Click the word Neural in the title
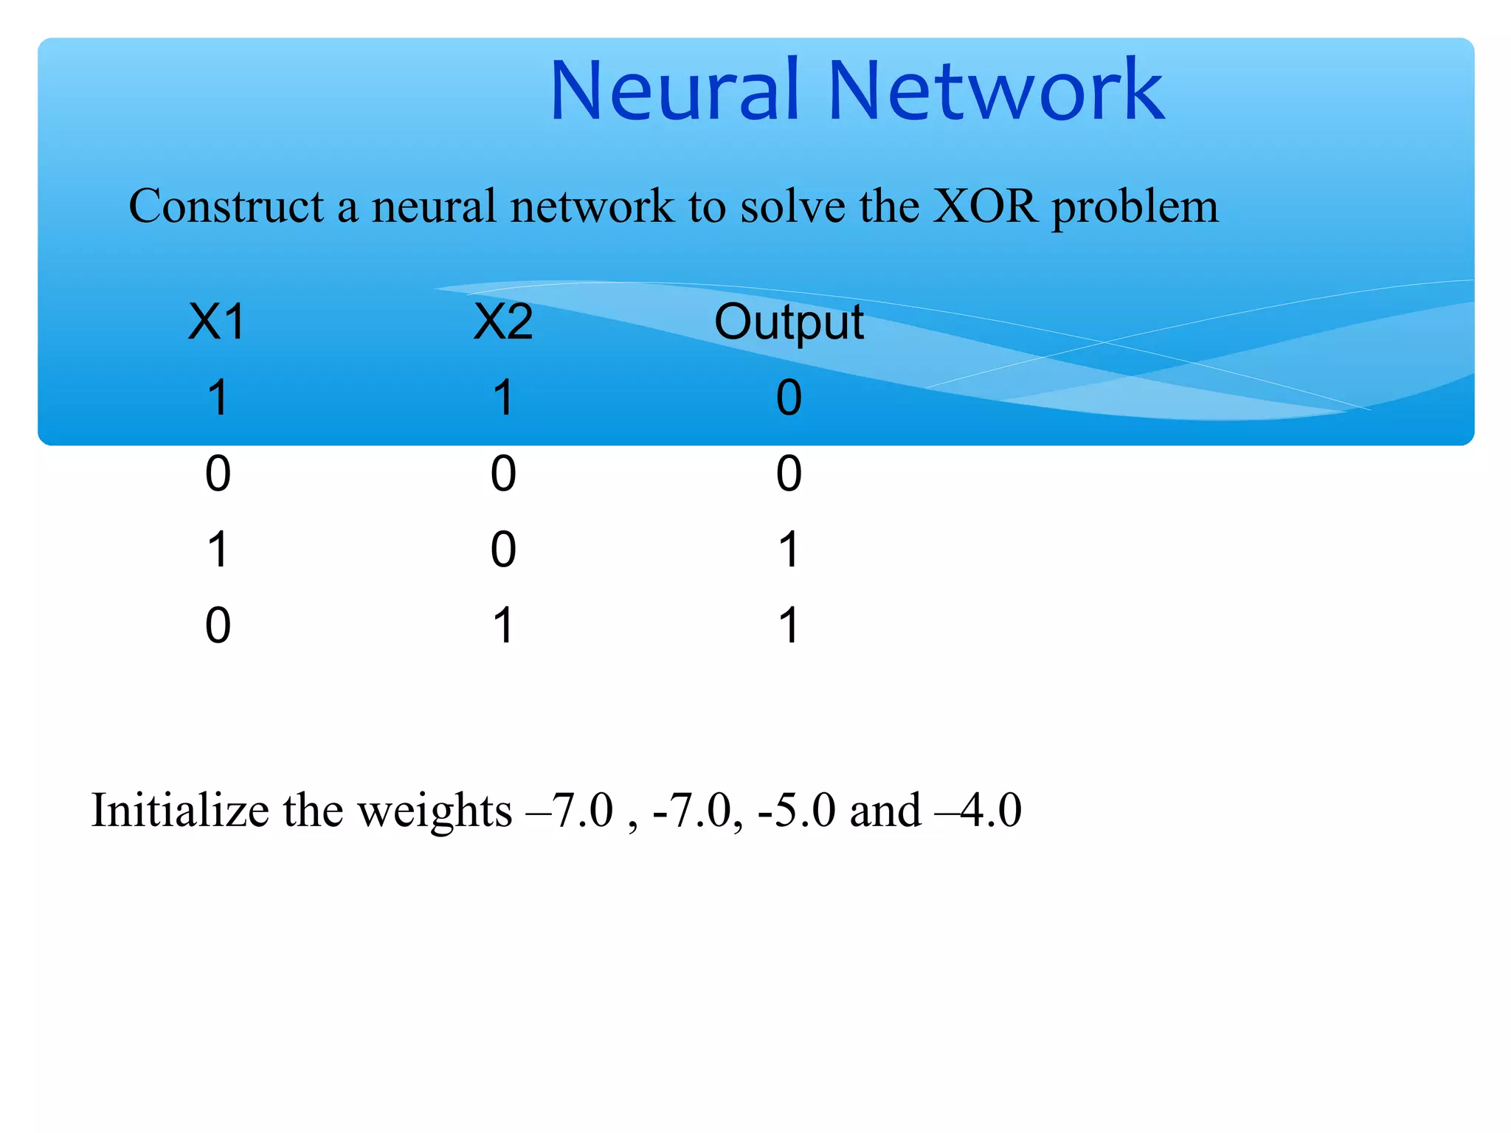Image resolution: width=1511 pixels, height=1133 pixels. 674,91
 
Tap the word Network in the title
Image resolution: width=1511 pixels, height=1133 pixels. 996,91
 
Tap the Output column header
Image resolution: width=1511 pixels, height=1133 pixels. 789,323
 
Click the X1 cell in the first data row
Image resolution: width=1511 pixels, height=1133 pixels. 218,398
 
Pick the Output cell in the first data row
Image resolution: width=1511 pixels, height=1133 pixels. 789,398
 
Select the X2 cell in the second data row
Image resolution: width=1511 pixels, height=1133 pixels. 503,474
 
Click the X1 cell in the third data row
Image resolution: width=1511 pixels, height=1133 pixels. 218,550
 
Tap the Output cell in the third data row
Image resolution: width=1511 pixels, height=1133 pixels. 789,550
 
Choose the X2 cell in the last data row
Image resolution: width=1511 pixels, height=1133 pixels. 503,626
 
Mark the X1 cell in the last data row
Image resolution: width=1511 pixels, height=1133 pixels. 218,626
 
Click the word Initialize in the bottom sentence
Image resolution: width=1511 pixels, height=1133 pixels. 180,810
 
